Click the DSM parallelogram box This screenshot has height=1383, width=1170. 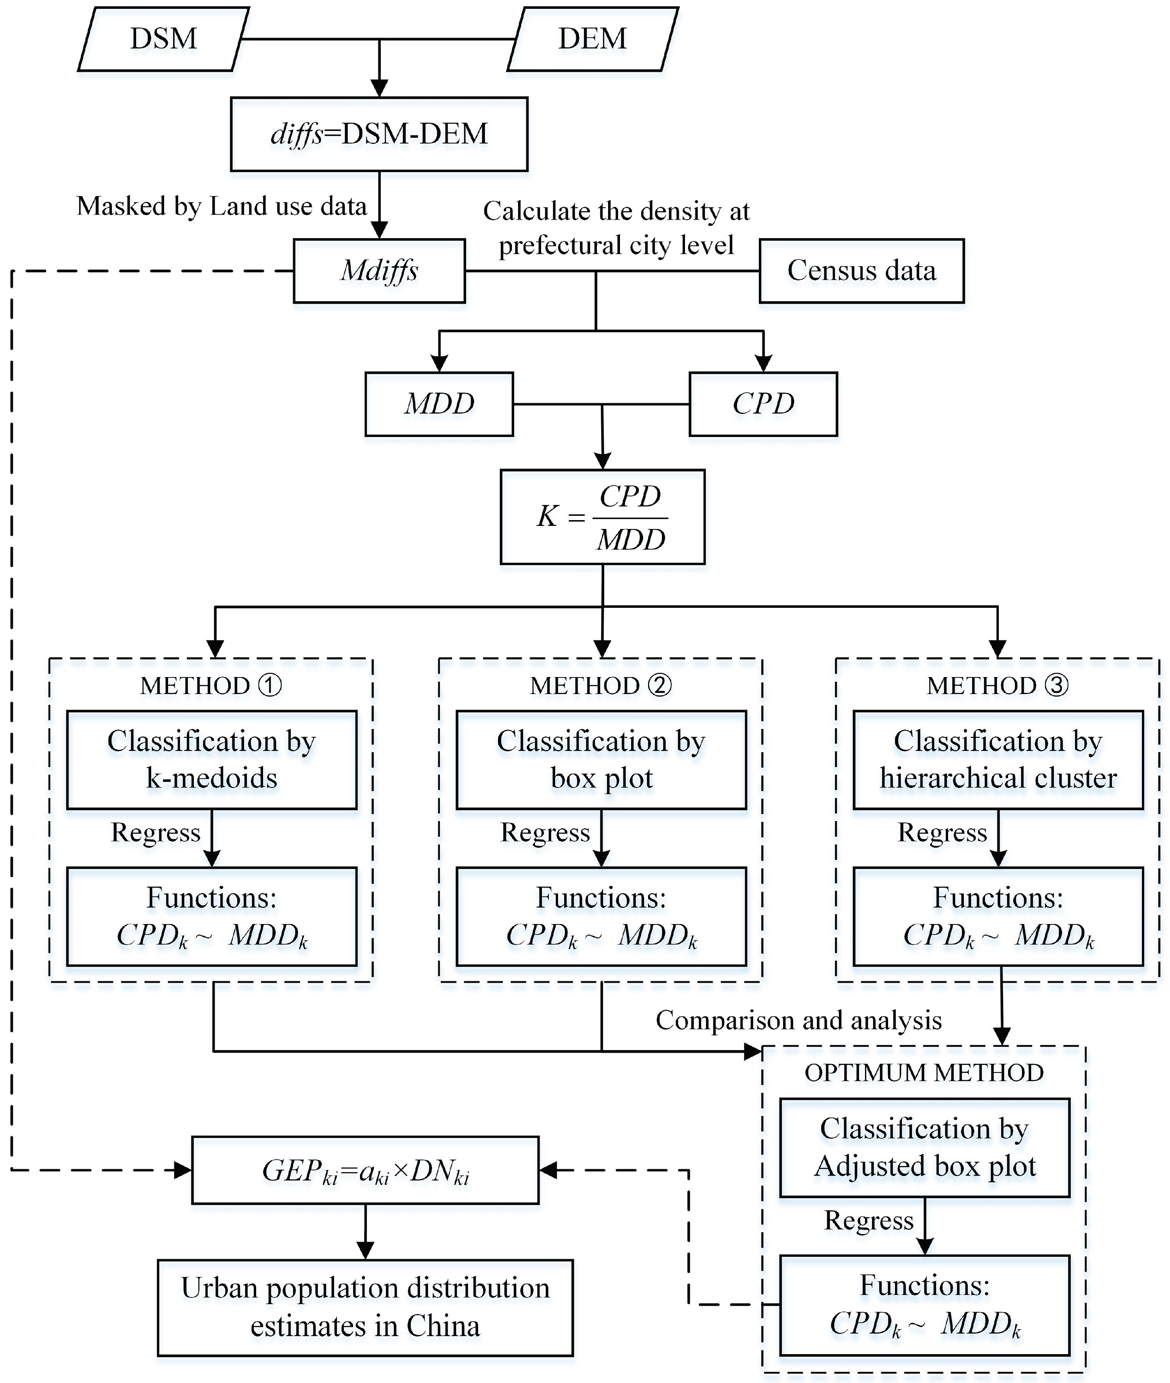(163, 38)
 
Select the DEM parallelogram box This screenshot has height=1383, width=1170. (592, 38)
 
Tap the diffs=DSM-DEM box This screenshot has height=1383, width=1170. (379, 134)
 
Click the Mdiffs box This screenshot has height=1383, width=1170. (379, 270)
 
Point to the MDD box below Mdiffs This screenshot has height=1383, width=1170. (439, 404)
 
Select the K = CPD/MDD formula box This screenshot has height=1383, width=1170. (602, 517)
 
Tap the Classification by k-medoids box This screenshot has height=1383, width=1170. (212, 759)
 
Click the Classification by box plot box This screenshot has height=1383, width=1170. (601, 759)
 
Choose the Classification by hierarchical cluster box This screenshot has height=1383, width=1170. (998, 759)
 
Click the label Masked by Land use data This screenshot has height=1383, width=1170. (222, 206)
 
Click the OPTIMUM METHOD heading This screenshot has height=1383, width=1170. (924, 1073)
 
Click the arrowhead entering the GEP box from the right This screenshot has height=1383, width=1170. (548, 1171)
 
